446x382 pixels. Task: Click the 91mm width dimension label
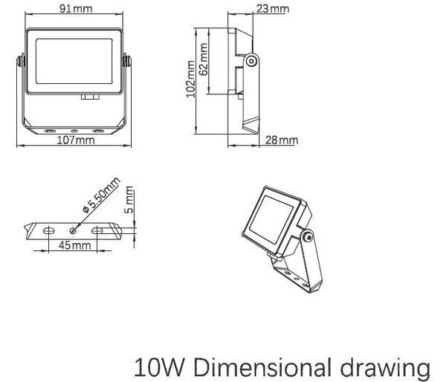coord(76,8)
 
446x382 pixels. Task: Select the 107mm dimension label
coord(76,140)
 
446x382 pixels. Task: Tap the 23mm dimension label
coord(273,8)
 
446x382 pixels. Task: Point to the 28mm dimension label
coord(282,140)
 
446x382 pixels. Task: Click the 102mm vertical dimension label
coord(190,79)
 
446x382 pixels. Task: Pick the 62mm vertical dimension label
coord(204,59)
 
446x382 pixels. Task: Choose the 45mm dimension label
coord(75,245)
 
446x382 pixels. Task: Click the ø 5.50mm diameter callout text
coord(101,195)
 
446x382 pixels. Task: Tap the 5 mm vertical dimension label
coord(129,200)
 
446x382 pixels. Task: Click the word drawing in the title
coord(385,369)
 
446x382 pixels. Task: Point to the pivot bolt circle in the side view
coord(251,61)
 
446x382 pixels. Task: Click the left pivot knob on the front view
coord(21,61)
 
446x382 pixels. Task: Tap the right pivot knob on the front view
coord(127,61)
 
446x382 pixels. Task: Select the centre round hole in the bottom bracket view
coord(73,230)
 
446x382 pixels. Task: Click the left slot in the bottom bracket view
coord(49,230)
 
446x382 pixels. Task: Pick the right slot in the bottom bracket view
coord(97,230)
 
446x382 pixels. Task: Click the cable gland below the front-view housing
coord(90,97)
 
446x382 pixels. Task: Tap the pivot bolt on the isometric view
coord(308,237)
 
